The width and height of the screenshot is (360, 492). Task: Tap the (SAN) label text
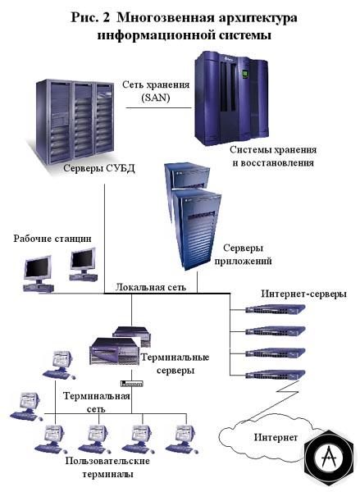[x=156, y=98]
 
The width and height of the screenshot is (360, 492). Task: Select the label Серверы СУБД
[x=99, y=168]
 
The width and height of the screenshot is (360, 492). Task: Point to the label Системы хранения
[x=273, y=150]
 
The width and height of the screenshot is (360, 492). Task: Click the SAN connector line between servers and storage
[x=159, y=107]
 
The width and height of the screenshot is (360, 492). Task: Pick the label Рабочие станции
[x=52, y=239]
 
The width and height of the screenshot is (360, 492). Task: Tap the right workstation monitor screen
[x=82, y=260]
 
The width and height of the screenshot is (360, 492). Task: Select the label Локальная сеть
[x=150, y=287]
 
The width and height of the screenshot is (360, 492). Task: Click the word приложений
[x=243, y=261]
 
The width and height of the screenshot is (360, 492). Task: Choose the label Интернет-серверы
[x=303, y=294]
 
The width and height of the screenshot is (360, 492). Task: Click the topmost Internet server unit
[x=276, y=309]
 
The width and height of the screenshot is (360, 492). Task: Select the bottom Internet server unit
[x=276, y=375]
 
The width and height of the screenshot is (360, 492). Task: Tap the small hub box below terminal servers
[x=132, y=383]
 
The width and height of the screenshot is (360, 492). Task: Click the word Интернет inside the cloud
[x=276, y=437]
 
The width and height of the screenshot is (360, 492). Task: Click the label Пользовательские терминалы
[x=107, y=467]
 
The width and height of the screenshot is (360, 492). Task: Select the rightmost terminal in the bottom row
[x=182, y=440]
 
